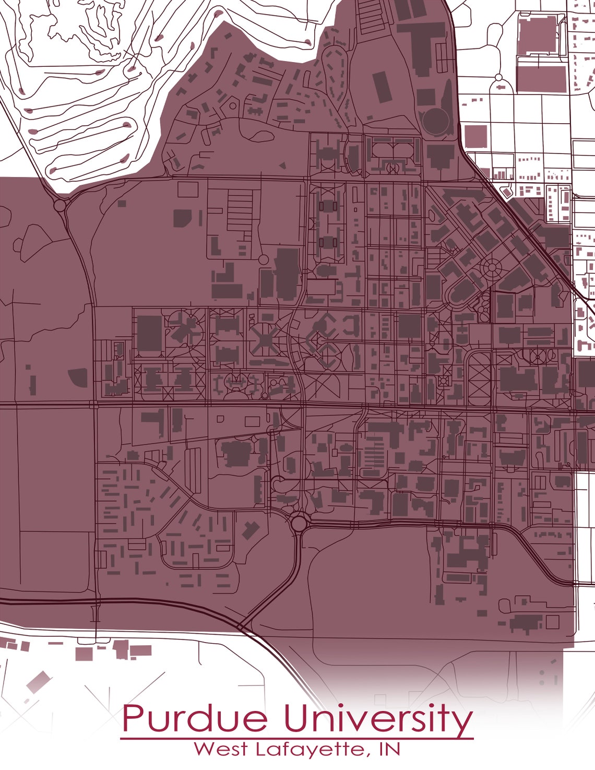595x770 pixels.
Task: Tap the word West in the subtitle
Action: coord(221,749)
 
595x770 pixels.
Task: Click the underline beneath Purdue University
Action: coord(296,738)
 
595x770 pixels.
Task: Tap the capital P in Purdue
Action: coord(133,719)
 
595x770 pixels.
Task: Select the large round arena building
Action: coord(436,121)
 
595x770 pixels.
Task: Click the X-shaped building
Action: coord(265,342)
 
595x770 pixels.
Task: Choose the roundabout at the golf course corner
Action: coord(59,205)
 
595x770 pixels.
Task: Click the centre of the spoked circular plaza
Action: coord(492,268)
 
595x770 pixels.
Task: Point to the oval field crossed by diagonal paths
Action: coord(479,376)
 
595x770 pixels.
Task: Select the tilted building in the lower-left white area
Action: coord(38,681)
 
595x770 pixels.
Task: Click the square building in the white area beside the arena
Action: coord(475,136)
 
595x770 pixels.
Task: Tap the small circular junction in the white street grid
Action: coord(498,78)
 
